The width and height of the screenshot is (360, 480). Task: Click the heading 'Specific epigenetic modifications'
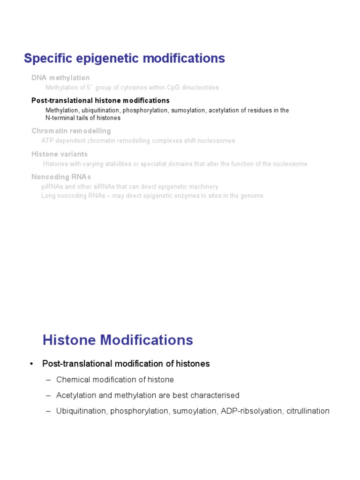tap(124, 59)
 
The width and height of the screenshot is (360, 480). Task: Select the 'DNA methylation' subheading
tap(60, 78)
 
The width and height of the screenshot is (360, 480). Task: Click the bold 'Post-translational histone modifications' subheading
tap(100, 101)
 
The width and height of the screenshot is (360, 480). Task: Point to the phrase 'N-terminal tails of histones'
tap(83, 118)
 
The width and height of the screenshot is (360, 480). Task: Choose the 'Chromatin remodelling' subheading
tap(71, 131)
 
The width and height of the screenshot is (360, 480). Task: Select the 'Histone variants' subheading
tap(60, 154)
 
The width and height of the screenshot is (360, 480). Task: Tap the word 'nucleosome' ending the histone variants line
tap(289, 164)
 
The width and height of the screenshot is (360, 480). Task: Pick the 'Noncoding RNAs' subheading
tap(61, 177)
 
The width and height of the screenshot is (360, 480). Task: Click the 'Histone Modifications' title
tap(118, 340)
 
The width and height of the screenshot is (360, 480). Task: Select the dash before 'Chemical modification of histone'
tap(48, 380)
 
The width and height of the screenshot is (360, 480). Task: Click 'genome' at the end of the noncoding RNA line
tap(252, 196)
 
